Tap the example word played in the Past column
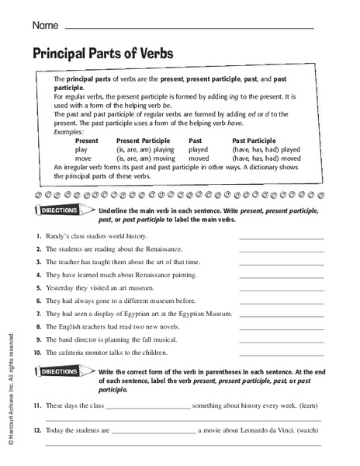click(x=199, y=149)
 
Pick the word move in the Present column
click(x=82, y=158)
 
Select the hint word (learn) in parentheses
click(x=307, y=405)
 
